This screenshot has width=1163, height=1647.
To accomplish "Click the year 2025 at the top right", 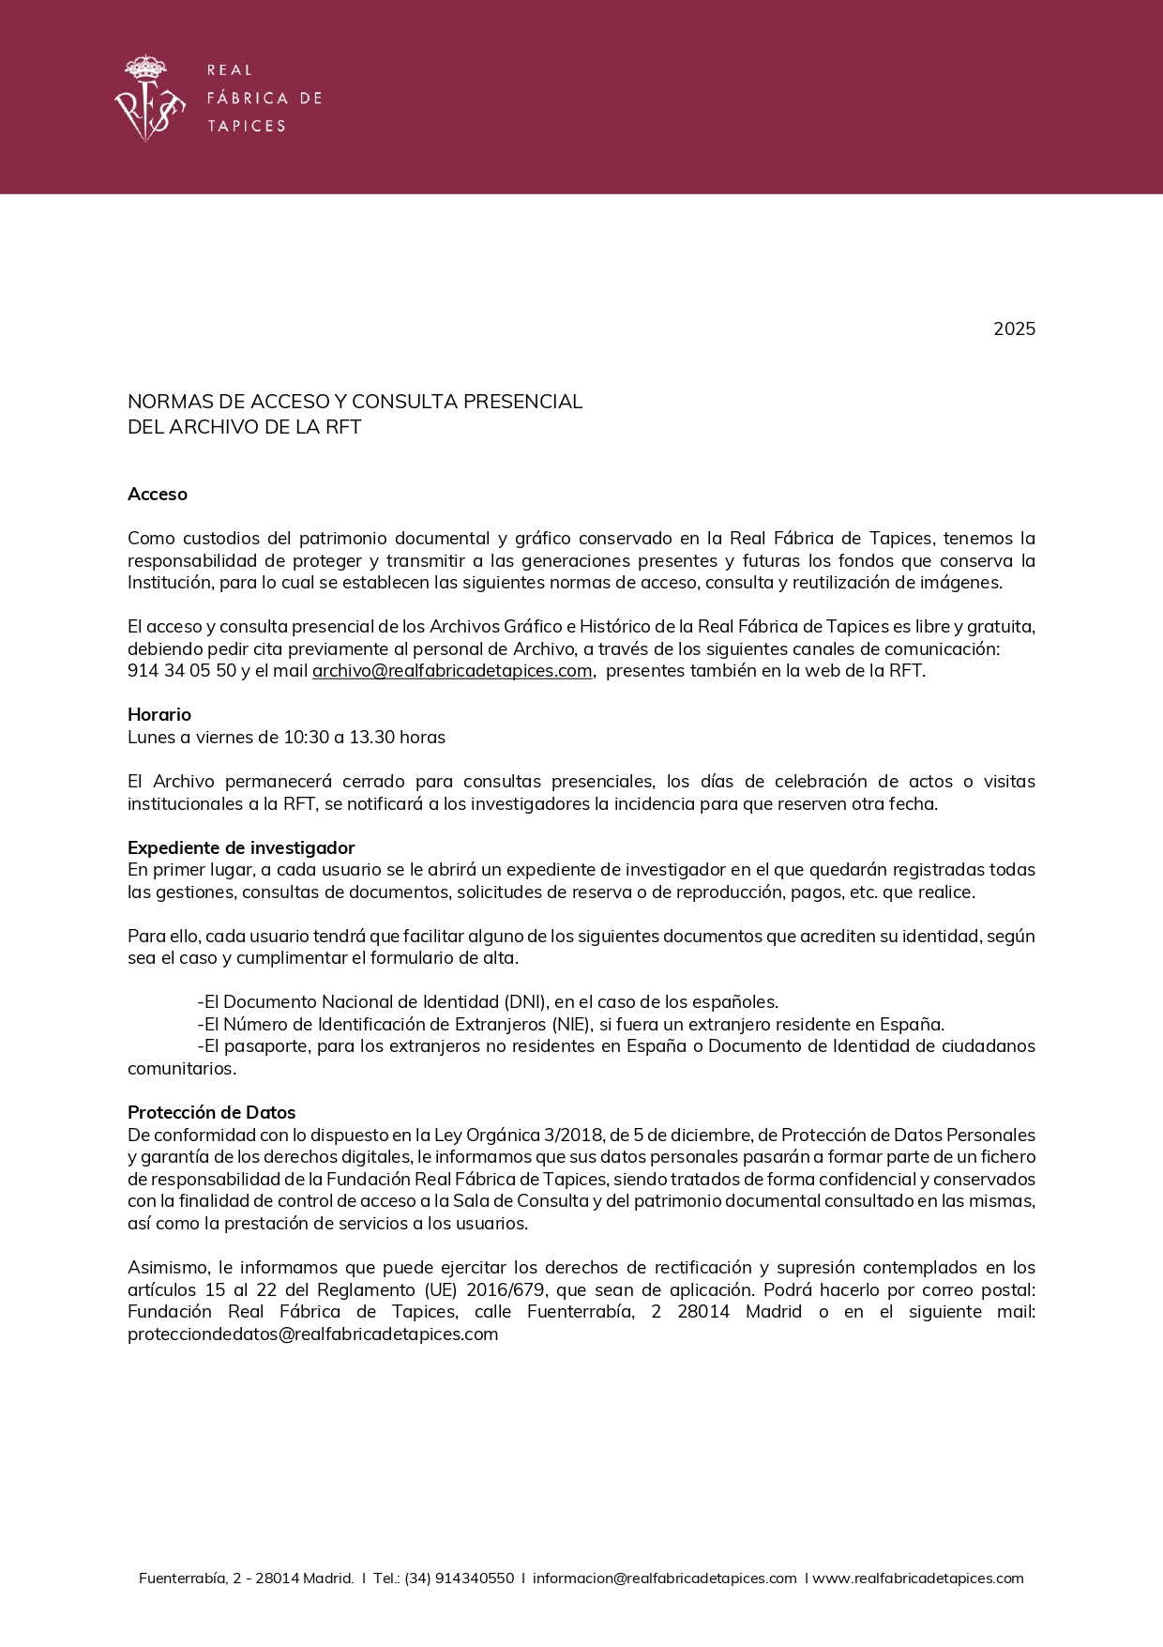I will point(1014,328).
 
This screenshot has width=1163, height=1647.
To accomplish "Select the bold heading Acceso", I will point(158,495).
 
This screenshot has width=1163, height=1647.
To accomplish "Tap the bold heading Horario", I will point(159,715).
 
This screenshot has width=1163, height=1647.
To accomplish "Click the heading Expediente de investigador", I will point(241,848).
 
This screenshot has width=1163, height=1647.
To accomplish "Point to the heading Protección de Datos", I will point(211,1113).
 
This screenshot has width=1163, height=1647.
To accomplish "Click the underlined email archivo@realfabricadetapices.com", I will point(452,671).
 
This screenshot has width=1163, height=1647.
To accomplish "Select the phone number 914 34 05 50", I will point(182,671).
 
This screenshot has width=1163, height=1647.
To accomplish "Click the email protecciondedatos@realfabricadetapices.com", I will point(312,1334).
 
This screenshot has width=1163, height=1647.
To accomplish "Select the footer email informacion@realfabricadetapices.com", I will point(664,1578).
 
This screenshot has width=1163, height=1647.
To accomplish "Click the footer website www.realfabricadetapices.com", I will point(917,1578).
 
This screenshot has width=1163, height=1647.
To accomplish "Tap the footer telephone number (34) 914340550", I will point(459,1578).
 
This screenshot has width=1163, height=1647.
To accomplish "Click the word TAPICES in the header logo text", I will point(246,126).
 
